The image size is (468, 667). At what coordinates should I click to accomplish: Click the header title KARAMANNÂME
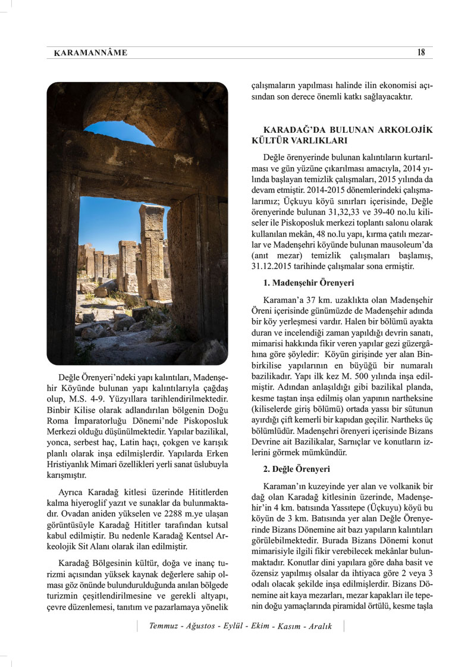pyautogui.click(x=90, y=53)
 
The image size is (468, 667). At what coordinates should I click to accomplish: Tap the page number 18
pyautogui.click(x=421, y=52)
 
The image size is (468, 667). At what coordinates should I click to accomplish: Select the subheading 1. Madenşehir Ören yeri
pyautogui.click(x=309, y=282)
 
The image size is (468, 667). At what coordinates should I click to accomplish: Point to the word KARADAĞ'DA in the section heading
pyautogui.click(x=290, y=129)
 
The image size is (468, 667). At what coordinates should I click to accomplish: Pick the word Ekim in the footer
pyautogui.click(x=259, y=626)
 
